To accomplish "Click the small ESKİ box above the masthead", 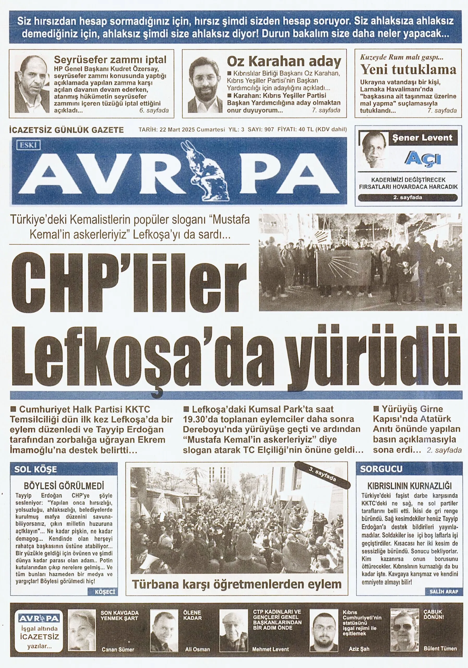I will point(28,145).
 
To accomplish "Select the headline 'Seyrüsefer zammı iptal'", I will point(110,60).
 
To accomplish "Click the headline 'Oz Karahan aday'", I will point(284,61).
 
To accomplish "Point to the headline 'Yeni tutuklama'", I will point(408,69).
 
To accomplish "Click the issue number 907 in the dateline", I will point(269,129).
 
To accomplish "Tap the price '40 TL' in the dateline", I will point(306,129).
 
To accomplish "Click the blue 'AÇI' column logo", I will point(423,159).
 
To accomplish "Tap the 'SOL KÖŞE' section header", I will point(35,469).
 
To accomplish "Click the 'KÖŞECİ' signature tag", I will point(105,592).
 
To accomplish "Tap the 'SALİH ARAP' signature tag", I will point(443,592).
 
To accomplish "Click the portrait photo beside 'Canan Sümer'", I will point(82,630).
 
